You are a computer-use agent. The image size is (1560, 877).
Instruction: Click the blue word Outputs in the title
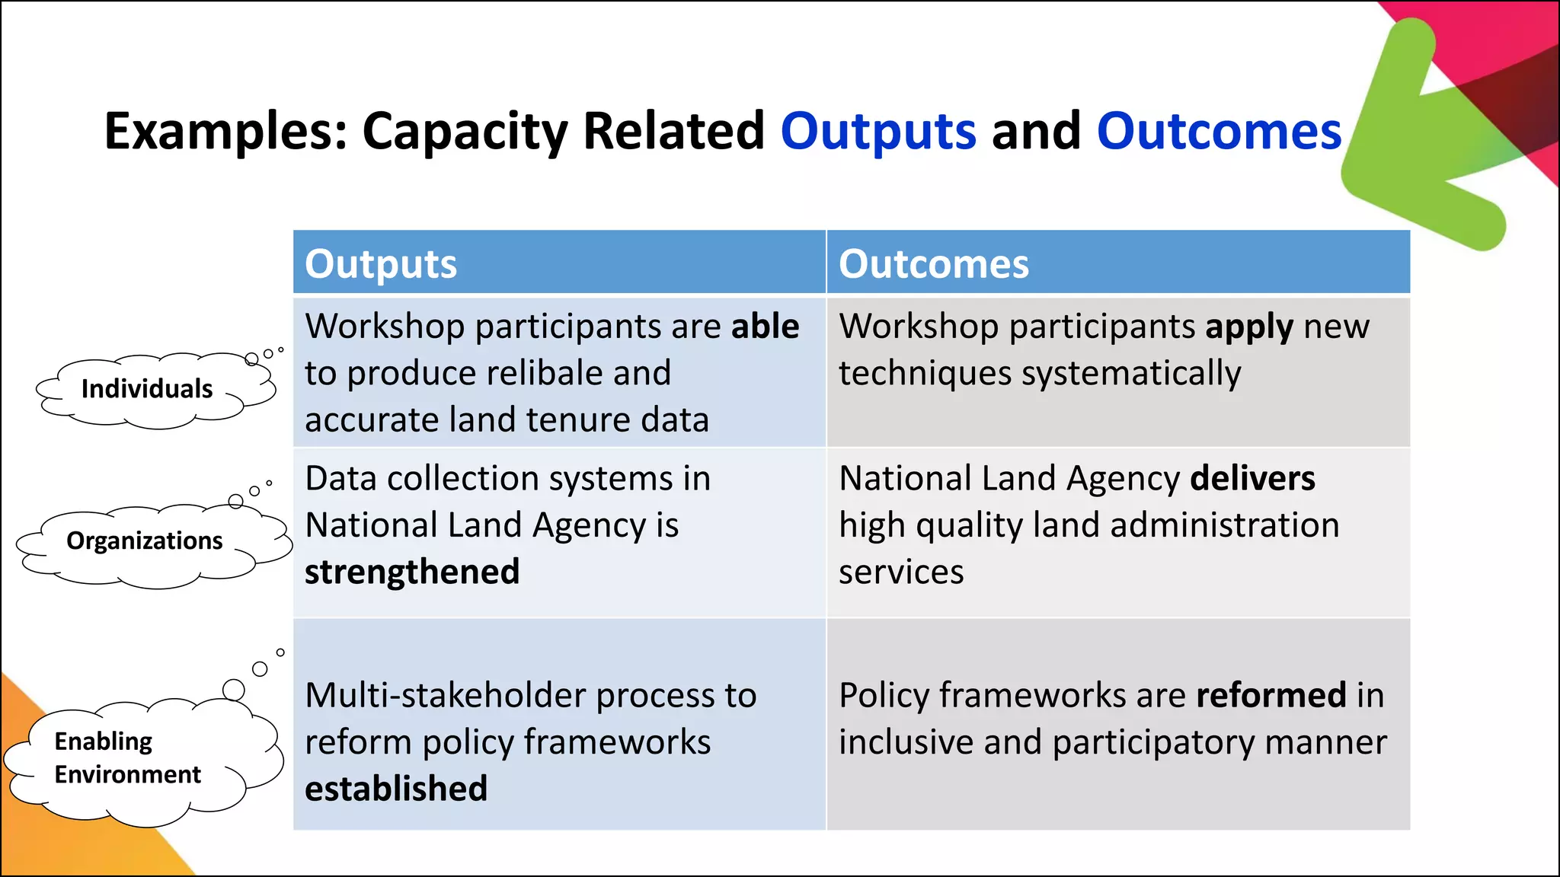coord(877,132)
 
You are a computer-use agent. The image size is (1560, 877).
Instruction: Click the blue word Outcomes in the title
coord(1219,132)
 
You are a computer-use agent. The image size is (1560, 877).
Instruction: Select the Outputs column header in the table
coord(381,264)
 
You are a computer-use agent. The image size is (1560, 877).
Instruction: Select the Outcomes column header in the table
coord(933,264)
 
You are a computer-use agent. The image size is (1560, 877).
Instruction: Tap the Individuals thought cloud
coord(147,389)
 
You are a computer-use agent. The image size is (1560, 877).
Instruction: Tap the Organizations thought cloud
coord(145,541)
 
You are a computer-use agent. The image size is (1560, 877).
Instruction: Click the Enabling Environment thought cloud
coord(128,758)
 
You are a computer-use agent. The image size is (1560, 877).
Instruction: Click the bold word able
coord(765,327)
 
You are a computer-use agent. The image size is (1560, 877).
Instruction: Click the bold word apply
coord(1248,327)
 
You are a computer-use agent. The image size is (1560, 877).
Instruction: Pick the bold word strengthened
coord(412,572)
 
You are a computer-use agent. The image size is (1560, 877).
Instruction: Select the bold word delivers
coord(1252,479)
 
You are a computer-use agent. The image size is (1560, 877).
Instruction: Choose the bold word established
coord(396,789)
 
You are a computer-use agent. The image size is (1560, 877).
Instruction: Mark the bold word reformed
coord(1271,695)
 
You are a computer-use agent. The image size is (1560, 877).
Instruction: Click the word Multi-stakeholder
coord(445,695)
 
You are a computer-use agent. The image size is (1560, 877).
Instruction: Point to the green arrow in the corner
coord(1417,145)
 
